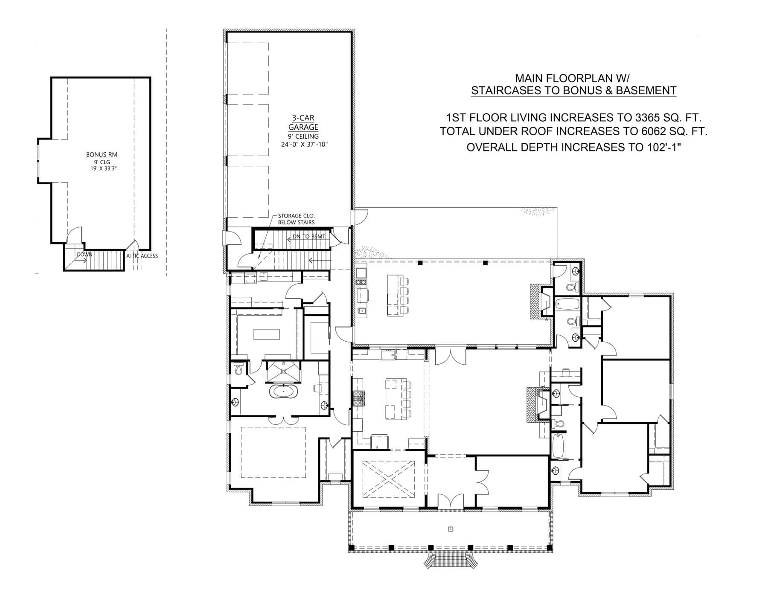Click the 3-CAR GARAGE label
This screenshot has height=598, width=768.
303,122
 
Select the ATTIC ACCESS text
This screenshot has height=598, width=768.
142,256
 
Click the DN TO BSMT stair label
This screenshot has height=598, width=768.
308,236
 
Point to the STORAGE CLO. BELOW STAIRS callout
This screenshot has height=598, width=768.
296,219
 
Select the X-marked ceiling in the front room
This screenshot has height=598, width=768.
389,479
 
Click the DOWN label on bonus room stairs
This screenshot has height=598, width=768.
84,255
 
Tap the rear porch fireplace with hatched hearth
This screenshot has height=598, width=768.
538,302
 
